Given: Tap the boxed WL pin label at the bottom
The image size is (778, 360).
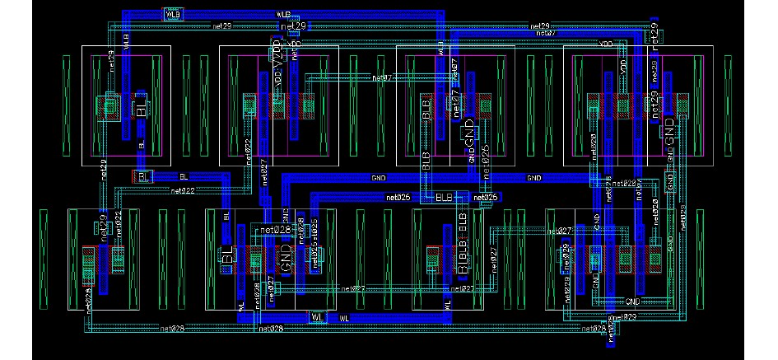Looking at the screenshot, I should pyautogui.click(x=318, y=316).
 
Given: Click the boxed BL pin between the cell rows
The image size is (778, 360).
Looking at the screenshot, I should pyautogui.click(x=143, y=176).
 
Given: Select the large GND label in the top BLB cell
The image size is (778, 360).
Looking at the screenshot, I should pyautogui.click(x=470, y=130).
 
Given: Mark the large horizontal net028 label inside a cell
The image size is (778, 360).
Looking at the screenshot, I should pyautogui.click(x=277, y=230).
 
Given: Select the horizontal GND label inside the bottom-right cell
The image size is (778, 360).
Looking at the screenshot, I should pyautogui.click(x=633, y=302).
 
